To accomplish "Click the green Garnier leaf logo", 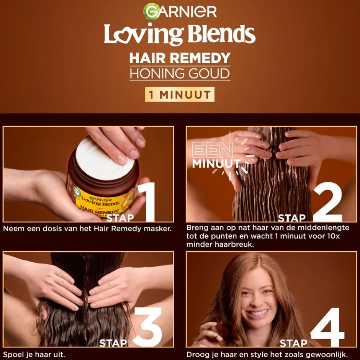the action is (151, 11).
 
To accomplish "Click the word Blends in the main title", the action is (221, 34).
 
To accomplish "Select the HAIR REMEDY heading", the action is (180, 58).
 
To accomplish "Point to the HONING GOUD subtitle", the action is (180, 74).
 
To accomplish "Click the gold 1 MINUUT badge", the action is (180, 94).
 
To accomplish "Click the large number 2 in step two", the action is (327, 202).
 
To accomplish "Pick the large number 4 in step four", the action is (327, 327).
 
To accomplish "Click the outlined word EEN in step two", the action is (213, 150).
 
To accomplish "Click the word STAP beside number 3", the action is (113, 343).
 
